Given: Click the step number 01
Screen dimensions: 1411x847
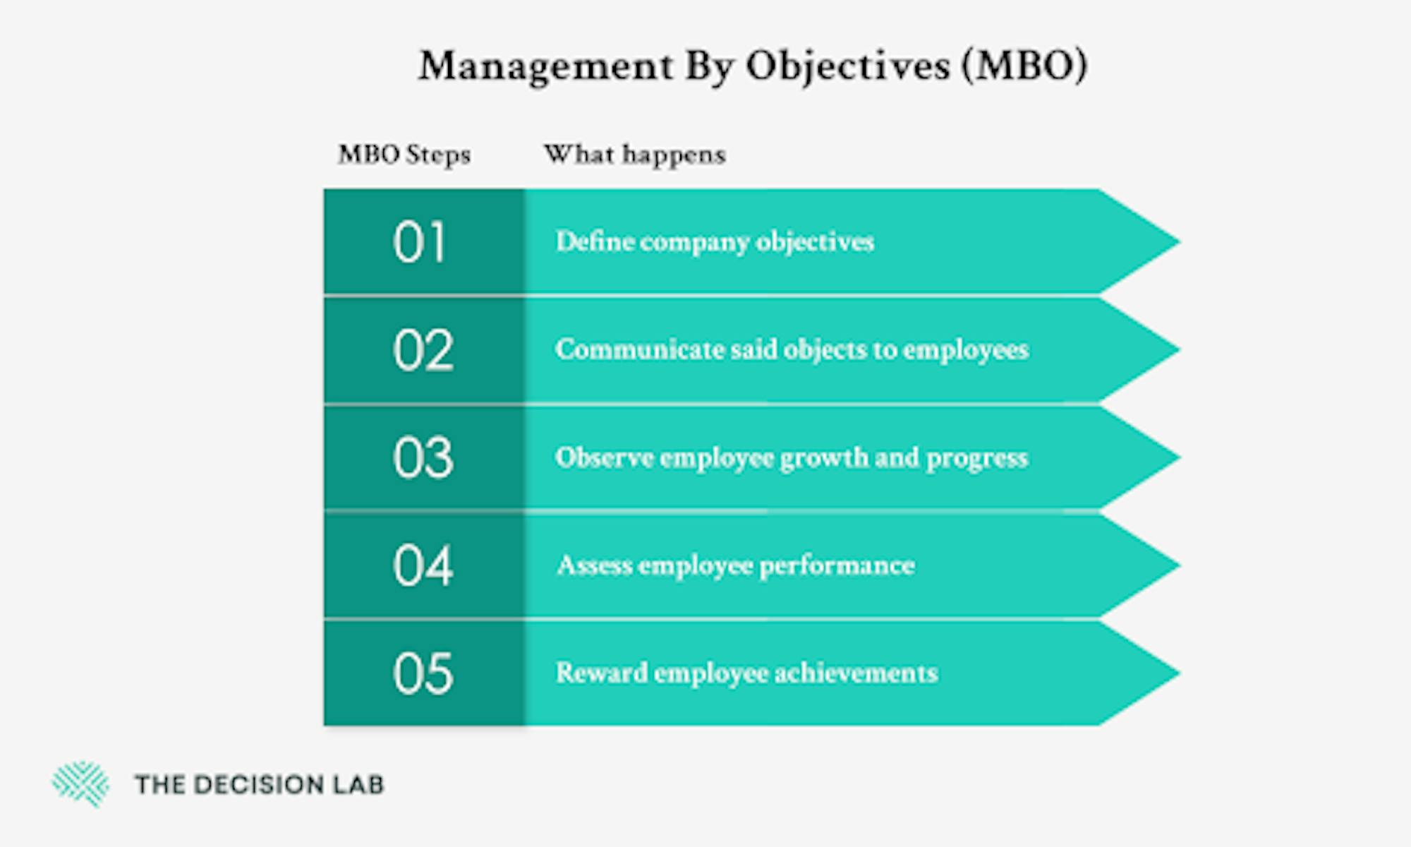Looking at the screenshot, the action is click(420, 242).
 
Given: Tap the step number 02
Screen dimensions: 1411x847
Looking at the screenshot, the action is click(423, 350).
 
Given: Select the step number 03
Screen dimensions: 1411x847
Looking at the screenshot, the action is click(423, 458).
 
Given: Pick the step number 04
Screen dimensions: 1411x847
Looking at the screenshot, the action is click(423, 565).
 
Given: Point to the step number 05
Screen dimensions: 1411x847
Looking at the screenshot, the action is click(423, 673).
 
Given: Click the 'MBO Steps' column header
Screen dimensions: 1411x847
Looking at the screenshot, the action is click(404, 155).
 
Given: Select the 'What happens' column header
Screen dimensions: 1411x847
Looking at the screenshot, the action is click(635, 155).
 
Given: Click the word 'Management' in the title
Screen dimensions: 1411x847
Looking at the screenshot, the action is click(545, 68).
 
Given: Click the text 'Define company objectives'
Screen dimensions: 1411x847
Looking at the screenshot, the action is click(715, 242).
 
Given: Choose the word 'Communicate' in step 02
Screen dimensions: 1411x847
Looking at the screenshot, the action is click(640, 349).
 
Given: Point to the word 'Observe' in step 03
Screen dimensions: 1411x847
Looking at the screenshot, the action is click(605, 457).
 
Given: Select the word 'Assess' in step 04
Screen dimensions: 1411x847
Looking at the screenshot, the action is click(594, 565).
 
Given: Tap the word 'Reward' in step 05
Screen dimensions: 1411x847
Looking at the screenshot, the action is click(601, 673).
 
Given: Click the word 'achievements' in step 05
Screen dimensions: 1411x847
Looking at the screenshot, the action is click(856, 673).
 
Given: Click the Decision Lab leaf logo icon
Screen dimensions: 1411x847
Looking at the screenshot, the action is click(80, 783).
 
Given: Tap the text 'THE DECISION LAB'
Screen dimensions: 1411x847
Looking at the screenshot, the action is click(260, 784).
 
